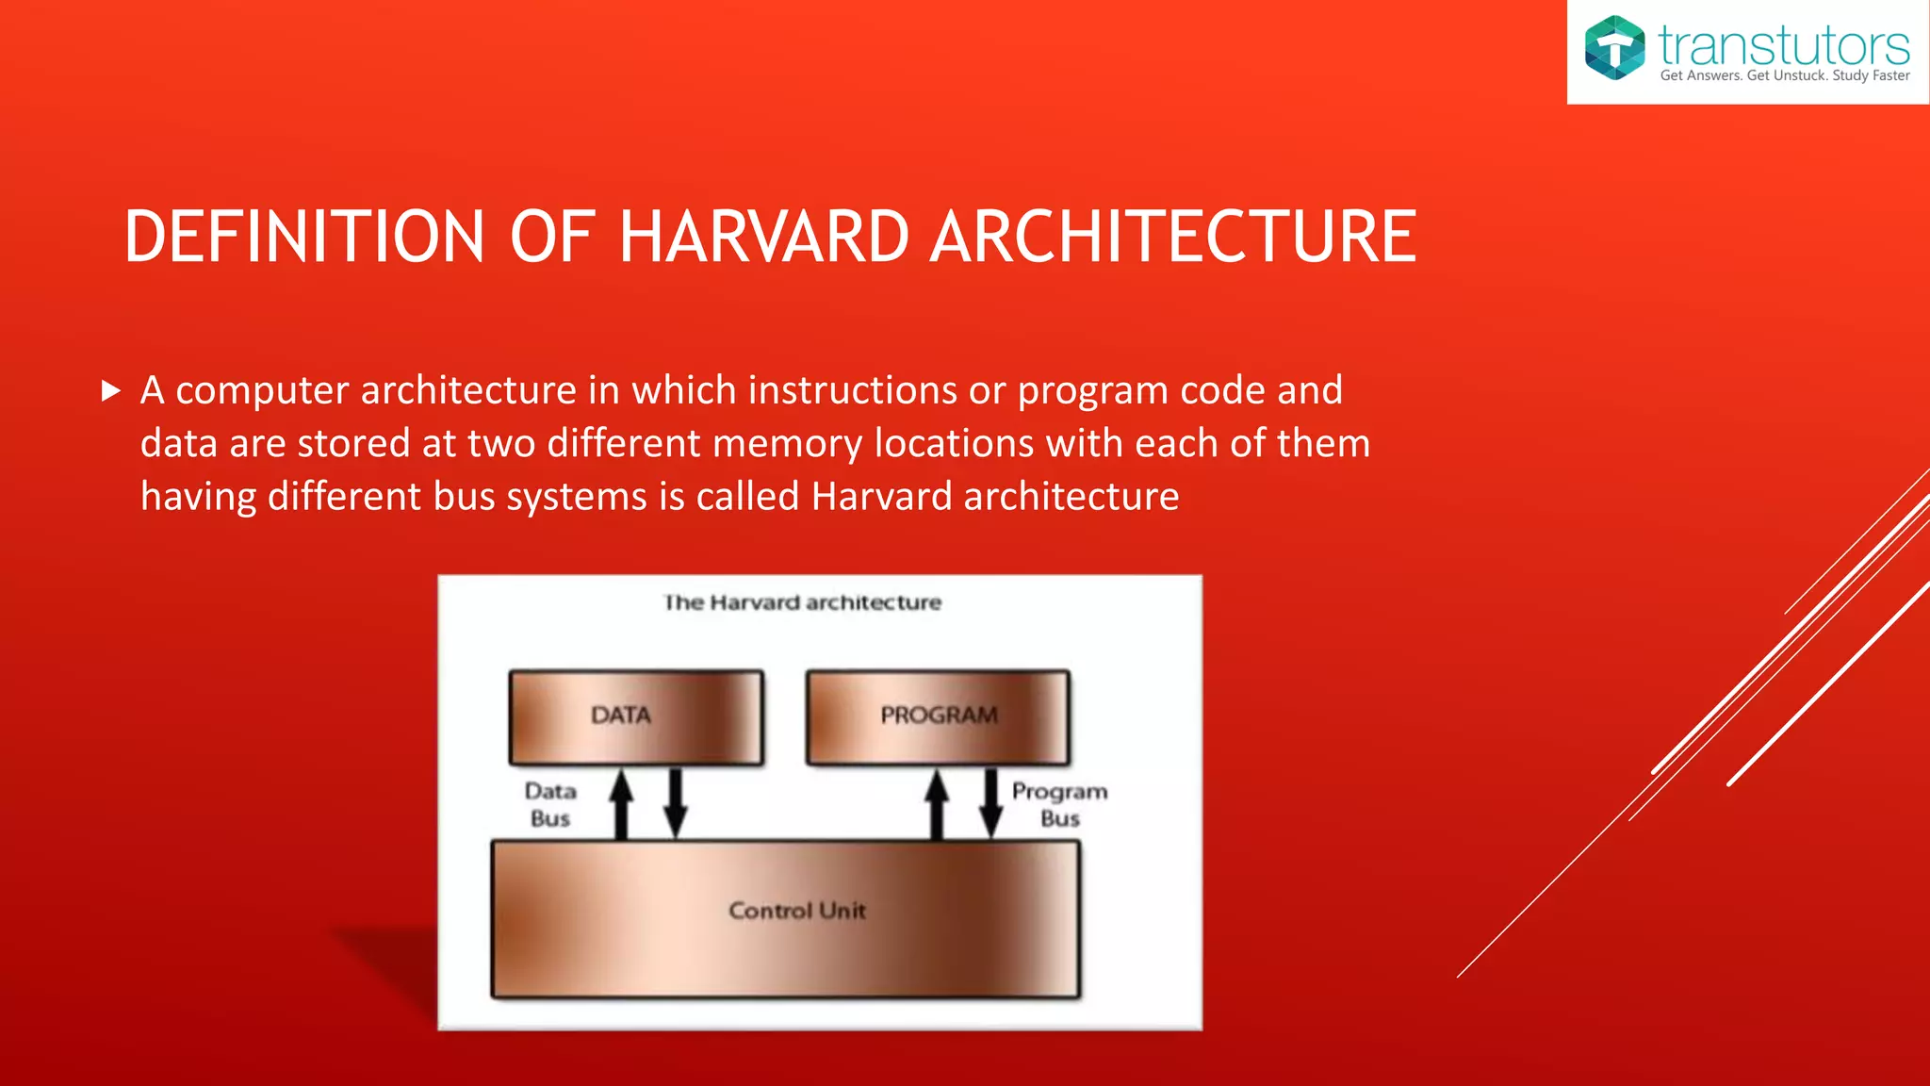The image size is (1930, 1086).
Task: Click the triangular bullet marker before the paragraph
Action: coord(111,390)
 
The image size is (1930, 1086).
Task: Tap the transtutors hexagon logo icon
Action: coord(1613,48)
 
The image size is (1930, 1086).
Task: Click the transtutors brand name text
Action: coord(1783,43)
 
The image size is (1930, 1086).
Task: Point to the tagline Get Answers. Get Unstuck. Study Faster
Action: coord(1784,75)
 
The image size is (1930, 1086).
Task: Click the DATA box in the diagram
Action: coord(635,716)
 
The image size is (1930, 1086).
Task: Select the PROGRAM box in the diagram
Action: coord(938,716)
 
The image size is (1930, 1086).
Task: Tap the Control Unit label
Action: coord(796,911)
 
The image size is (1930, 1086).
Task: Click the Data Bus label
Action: coord(550,804)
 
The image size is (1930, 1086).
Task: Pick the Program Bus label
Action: coord(1059,804)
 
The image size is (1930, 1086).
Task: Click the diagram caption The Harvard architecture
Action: coord(802,602)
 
